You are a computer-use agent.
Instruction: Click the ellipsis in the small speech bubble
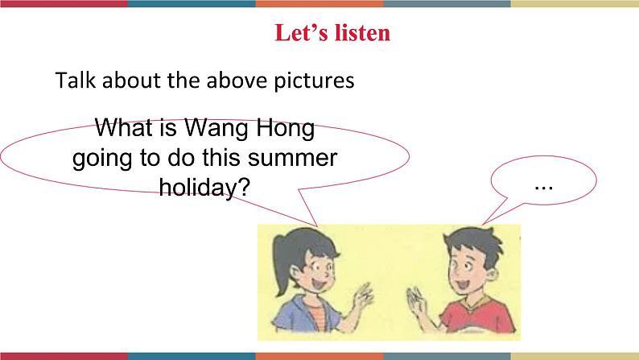pyautogui.click(x=543, y=184)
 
